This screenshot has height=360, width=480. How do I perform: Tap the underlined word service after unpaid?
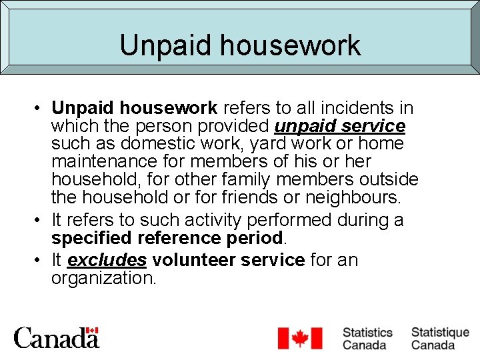pos(374,126)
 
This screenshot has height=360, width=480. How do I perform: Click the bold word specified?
pos(91,239)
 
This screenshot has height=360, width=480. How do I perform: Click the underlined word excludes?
pos(107,260)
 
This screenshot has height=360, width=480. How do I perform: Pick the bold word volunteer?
pos(193,260)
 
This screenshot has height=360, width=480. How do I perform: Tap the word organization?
pos(103,278)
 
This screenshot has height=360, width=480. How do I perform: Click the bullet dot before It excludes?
pos(41,260)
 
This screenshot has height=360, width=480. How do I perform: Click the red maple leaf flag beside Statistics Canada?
pos(299,338)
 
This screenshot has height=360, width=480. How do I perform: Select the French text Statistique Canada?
pos(439,338)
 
